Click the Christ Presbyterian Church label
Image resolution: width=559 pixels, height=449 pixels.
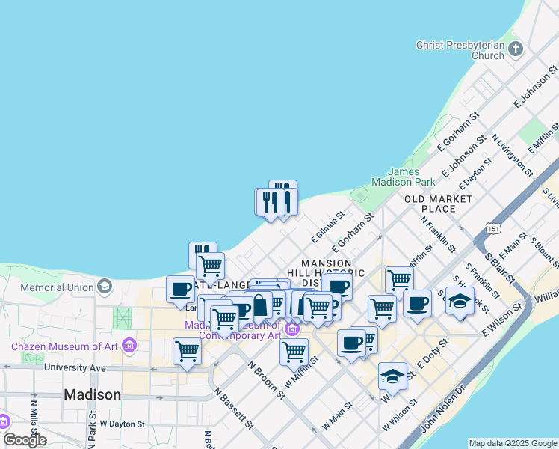[x=460, y=50]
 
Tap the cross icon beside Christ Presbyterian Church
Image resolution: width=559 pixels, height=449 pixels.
[x=515, y=50]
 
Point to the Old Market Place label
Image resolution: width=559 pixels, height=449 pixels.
[x=439, y=204]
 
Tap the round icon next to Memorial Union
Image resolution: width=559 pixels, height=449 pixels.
[x=104, y=287]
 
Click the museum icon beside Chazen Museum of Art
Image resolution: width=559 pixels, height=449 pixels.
[x=129, y=346]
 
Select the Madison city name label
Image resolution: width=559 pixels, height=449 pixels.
[x=92, y=394]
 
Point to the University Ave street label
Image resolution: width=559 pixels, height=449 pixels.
[x=72, y=367]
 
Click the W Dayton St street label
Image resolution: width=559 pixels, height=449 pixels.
[x=122, y=424]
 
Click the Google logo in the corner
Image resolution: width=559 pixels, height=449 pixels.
[x=25, y=439]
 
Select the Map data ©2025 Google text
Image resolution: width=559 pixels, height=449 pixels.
[x=513, y=443]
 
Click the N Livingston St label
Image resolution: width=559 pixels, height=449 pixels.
[x=512, y=156]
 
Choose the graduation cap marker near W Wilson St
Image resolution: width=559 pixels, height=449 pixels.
[x=392, y=376]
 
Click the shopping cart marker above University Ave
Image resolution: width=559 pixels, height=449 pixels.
[x=187, y=350]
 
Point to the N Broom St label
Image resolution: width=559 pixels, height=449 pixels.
[x=265, y=380]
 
